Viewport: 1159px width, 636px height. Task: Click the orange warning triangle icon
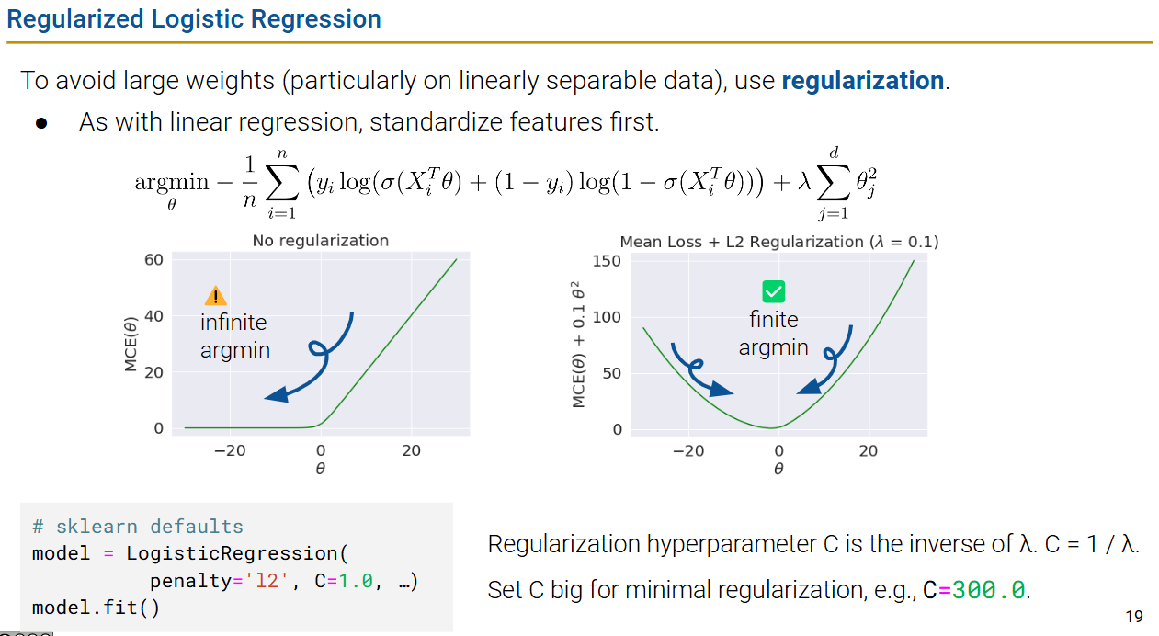(215, 295)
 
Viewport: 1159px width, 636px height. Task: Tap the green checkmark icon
(774, 292)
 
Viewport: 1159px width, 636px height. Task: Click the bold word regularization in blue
(862, 81)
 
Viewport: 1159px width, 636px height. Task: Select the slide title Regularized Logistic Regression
(194, 19)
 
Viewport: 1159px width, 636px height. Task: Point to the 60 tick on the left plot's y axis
(153, 260)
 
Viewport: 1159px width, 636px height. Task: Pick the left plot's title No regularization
(321, 241)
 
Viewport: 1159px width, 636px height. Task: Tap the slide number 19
(1133, 616)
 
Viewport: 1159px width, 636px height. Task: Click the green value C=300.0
(974, 591)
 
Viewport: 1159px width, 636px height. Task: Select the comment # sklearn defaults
(137, 527)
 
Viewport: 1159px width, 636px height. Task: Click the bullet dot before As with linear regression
(40, 122)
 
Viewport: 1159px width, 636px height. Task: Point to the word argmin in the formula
(172, 182)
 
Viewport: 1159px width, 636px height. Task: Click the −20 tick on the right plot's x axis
(687, 451)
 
